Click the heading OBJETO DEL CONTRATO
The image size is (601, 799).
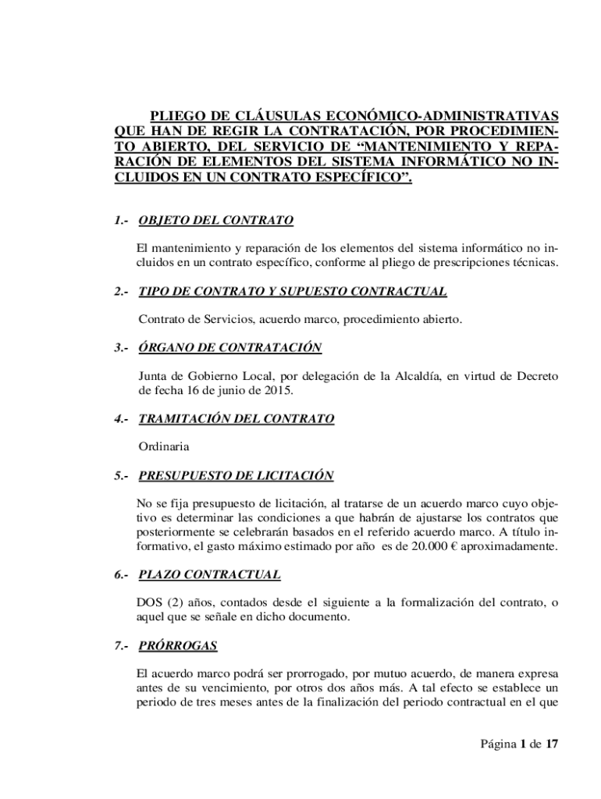[x=215, y=221]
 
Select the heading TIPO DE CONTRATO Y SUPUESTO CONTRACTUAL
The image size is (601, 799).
[x=292, y=292]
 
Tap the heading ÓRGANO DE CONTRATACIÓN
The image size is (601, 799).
[x=229, y=347]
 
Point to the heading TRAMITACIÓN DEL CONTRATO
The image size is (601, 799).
[x=236, y=419]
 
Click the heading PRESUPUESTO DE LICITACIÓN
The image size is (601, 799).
[x=236, y=475]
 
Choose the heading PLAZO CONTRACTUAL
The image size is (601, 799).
[x=209, y=575]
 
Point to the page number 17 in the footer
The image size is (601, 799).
[x=552, y=744]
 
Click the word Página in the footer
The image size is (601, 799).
[x=498, y=744]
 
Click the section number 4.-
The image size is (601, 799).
[x=120, y=419]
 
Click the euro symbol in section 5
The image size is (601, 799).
[x=453, y=546]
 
